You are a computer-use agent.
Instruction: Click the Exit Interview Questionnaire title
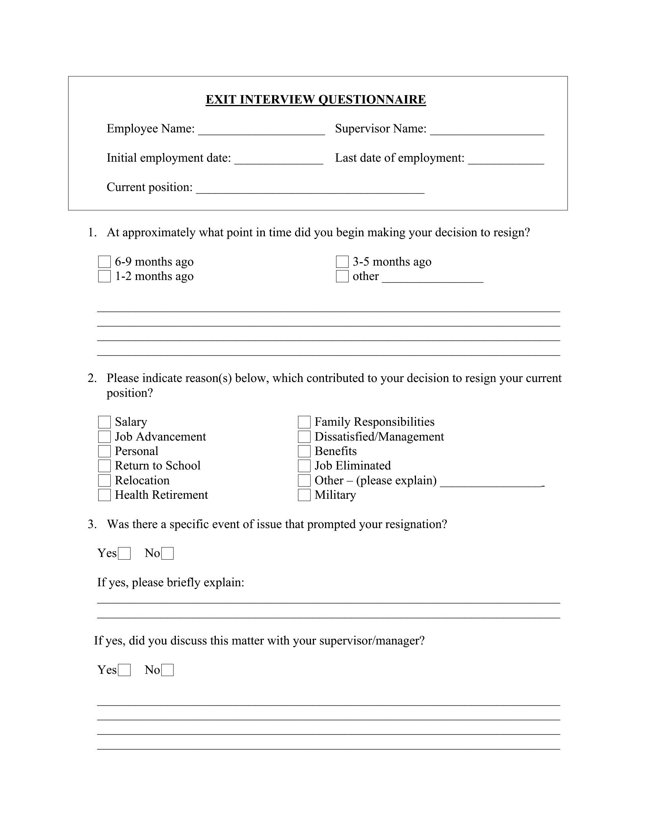point(316,100)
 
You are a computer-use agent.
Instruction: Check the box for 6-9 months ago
point(104,262)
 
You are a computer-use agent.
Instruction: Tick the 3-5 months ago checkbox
point(342,262)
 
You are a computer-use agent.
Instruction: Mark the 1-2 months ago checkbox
point(104,276)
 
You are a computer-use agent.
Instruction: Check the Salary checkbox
point(104,422)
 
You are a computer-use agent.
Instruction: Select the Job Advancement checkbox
point(104,437)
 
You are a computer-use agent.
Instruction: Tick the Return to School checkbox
point(104,466)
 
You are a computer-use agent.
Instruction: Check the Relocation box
point(104,481)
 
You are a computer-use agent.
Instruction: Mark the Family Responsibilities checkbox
point(304,422)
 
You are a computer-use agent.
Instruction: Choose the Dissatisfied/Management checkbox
point(304,437)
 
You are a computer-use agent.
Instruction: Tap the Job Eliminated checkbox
point(304,466)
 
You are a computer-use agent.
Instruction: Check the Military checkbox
point(304,495)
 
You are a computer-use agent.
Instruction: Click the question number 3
point(91,524)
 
